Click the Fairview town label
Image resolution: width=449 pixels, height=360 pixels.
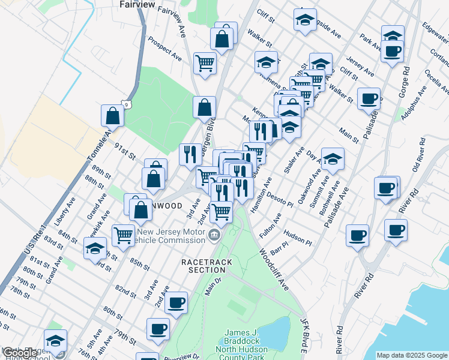pos(137,5)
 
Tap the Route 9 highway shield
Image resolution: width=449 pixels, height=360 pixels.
pos(127,104)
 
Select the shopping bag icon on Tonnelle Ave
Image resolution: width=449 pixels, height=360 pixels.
pos(112,115)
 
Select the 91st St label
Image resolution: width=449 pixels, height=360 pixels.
pos(124,151)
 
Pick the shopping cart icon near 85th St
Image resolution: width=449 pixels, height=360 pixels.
pos(123,235)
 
